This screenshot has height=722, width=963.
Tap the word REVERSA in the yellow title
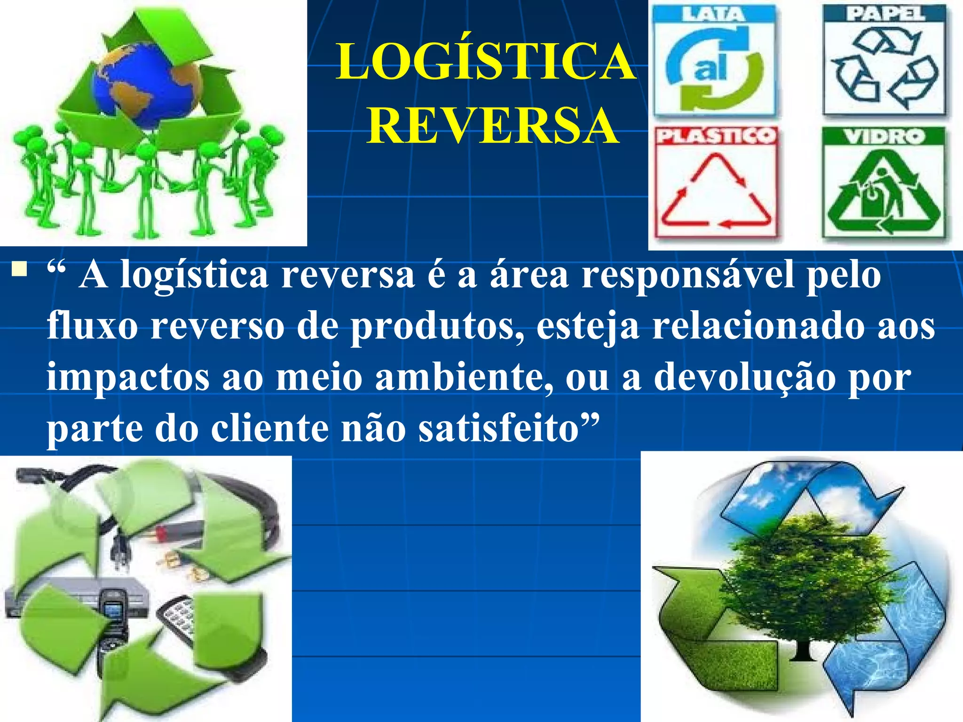(492, 126)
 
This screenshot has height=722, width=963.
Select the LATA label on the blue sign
(713, 14)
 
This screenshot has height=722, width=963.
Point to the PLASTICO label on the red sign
(715, 136)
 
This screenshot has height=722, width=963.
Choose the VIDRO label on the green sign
(884, 137)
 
